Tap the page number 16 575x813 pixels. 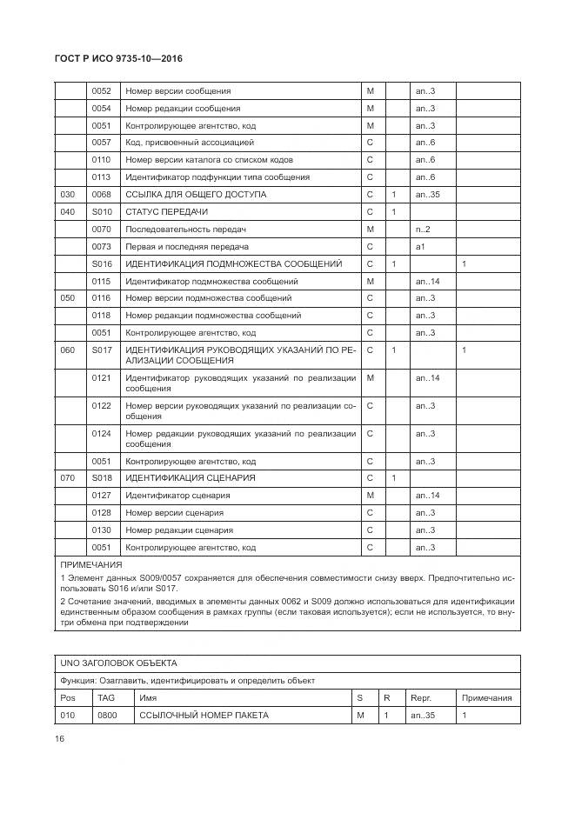(60, 739)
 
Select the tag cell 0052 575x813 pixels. (101, 91)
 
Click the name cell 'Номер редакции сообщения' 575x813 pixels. (183, 109)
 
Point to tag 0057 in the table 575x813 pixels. (101, 143)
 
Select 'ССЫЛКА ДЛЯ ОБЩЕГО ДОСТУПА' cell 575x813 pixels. (196, 195)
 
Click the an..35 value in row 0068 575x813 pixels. (427, 195)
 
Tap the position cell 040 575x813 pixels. (67, 212)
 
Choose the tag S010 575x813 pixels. (101, 212)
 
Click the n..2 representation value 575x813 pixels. (423, 230)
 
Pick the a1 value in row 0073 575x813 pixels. (420, 247)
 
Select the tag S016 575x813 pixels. (101, 263)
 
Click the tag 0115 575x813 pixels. (101, 282)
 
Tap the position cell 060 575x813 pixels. (67, 350)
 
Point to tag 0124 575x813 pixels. (101, 434)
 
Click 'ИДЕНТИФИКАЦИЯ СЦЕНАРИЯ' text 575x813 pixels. (190, 478)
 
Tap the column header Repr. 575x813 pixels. (420, 698)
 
